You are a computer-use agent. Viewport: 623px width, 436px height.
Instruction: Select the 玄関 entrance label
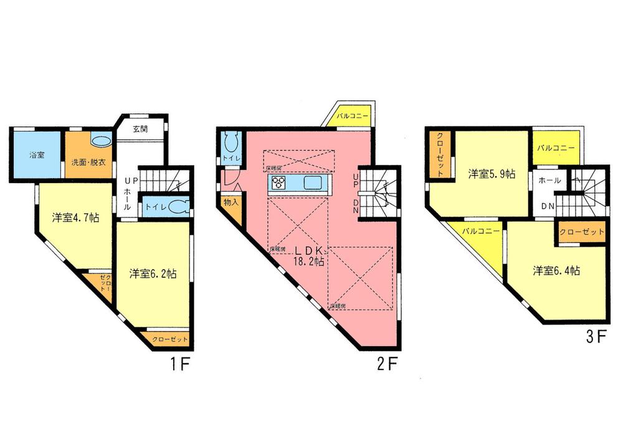(140, 130)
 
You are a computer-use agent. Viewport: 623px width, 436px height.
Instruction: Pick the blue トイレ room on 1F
(163, 206)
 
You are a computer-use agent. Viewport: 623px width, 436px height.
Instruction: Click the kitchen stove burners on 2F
(278, 183)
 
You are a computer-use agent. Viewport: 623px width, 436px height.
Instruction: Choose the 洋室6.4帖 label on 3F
(556, 271)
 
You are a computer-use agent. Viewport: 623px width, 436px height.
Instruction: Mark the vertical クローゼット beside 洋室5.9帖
(439, 156)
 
